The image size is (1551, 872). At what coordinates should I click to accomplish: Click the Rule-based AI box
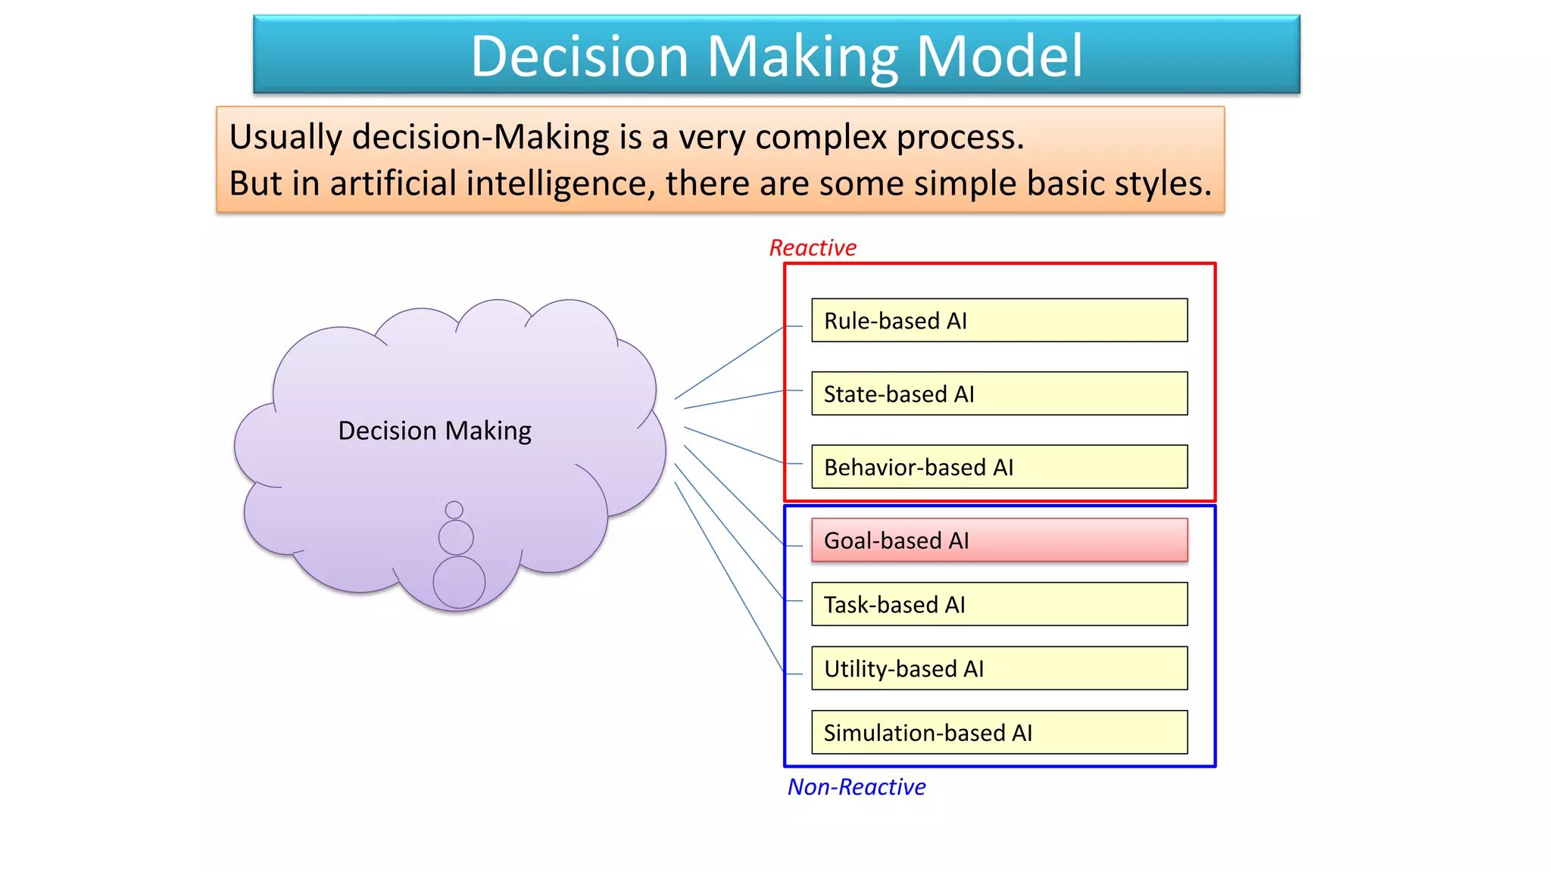pyautogui.click(x=999, y=320)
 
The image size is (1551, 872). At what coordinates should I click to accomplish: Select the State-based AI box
pyautogui.click(x=999, y=394)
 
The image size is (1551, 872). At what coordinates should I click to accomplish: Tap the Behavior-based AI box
pyautogui.click(x=999, y=467)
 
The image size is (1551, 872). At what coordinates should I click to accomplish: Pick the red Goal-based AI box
pyautogui.click(x=999, y=540)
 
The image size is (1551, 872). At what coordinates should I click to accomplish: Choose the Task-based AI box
pyautogui.click(x=999, y=604)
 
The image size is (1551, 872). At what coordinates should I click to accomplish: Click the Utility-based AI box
pyautogui.click(x=999, y=668)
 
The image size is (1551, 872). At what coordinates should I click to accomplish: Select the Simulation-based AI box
pyautogui.click(x=999, y=732)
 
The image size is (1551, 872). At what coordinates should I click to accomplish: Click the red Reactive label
pyautogui.click(x=813, y=248)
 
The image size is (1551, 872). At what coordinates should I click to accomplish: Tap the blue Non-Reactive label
pyautogui.click(x=857, y=787)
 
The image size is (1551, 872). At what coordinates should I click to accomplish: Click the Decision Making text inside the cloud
pyautogui.click(x=435, y=431)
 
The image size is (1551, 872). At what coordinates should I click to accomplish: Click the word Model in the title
pyautogui.click(x=999, y=56)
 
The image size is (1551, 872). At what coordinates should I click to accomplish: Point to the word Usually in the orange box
pyautogui.click(x=286, y=137)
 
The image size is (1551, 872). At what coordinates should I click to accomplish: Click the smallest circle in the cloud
pyautogui.click(x=454, y=509)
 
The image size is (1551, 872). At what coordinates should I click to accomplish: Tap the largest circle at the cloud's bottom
pyautogui.click(x=459, y=582)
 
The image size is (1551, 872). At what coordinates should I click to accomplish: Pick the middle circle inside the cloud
pyautogui.click(x=456, y=537)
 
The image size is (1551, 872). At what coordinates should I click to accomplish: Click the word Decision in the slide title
pyautogui.click(x=579, y=56)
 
